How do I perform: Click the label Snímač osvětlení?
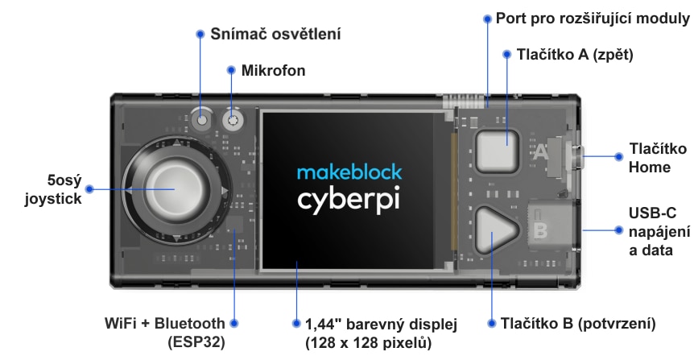click(275, 34)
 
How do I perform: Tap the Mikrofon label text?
click(273, 71)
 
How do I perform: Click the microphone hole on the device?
click(233, 121)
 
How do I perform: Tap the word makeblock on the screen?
click(349, 172)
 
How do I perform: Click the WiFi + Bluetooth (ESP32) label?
click(165, 332)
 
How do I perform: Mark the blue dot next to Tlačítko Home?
click(618, 158)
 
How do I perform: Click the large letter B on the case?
click(540, 230)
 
